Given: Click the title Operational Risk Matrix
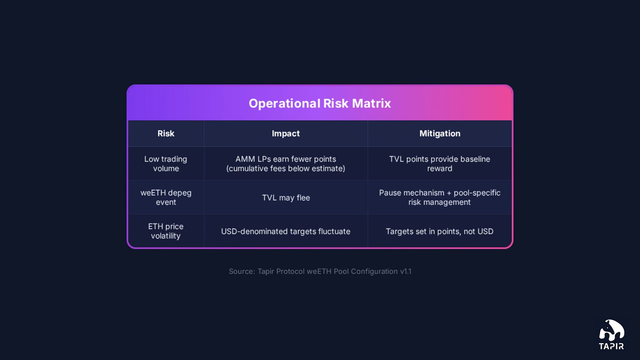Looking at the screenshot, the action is pyautogui.click(x=320, y=103).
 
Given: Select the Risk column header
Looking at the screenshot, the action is pyautogui.click(x=166, y=134).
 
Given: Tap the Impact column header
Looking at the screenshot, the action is pyautogui.click(x=286, y=134).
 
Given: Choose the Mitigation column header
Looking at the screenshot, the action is pyautogui.click(x=440, y=134).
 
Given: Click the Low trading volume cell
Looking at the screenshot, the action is pyautogui.click(x=166, y=164).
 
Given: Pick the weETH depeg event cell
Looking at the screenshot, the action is pyautogui.click(x=166, y=197).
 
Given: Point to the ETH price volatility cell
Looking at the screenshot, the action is pyautogui.click(x=166, y=231).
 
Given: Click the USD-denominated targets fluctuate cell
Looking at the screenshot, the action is pyautogui.click(x=286, y=231).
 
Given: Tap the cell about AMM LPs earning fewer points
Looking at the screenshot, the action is pyautogui.click(x=286, y=164).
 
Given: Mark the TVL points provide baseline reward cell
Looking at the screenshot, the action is pyautogui.click(x=440, y=164).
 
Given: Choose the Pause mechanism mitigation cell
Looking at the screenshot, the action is pyautogui.click(x=440, y=197).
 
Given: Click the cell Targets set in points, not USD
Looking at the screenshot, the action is pyautogui.click(x=440, y=231).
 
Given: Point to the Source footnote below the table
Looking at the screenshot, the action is pyautogui.click(x=320, y=272).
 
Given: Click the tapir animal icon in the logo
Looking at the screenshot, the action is pyautogui.click(x=612, y=330).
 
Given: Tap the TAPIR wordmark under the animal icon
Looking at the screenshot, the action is pyautogui.click(x=611, y=346).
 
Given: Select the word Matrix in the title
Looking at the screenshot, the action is pyautogui.click(x=371, y=103).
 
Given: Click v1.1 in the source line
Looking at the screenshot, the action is pyautogui.click(x=406, y=272).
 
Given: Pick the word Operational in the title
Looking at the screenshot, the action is pyautogui.click(x=284, y=103).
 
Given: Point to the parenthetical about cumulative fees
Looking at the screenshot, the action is pyautogui.click(x=286, y=169).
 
